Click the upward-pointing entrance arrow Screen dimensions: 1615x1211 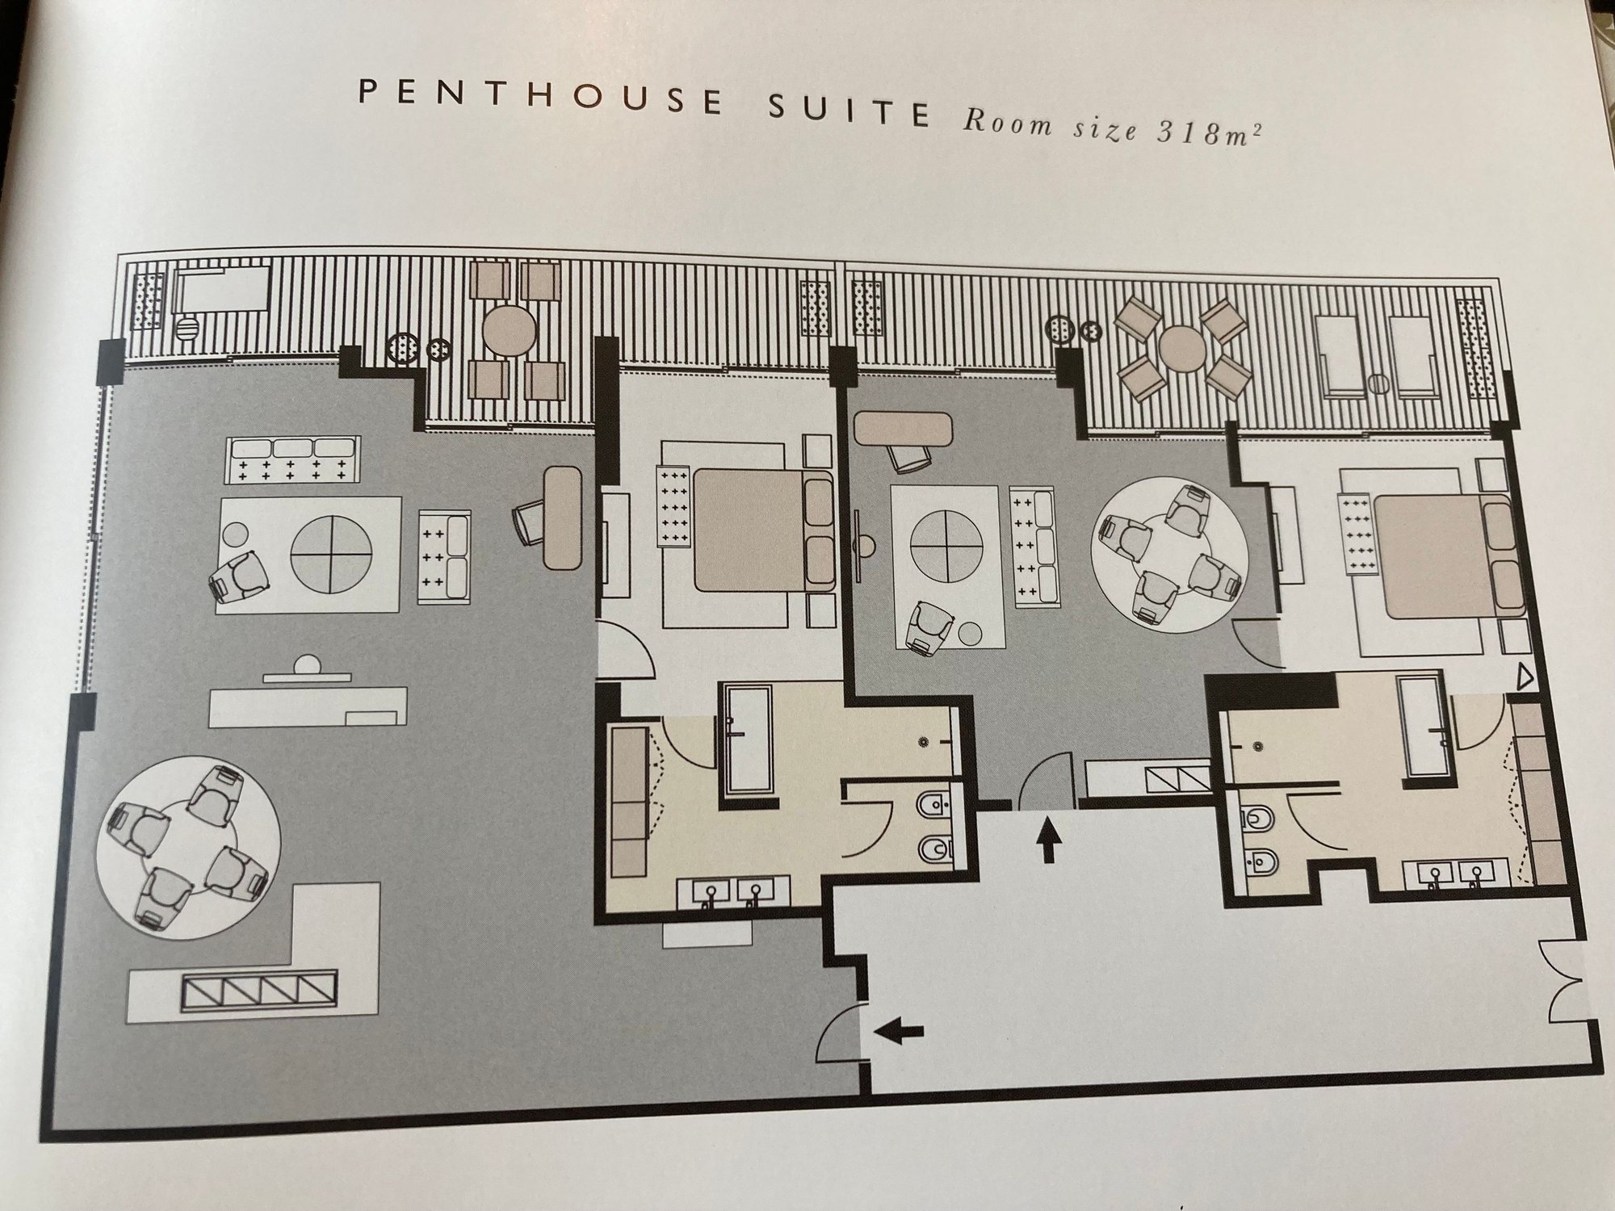(1047, 840)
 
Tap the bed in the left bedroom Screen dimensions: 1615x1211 (751, 530)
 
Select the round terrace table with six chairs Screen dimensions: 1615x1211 (1181, 350)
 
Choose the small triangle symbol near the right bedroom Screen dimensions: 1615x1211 (1524, 677)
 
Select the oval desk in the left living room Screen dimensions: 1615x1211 (563, 518)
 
